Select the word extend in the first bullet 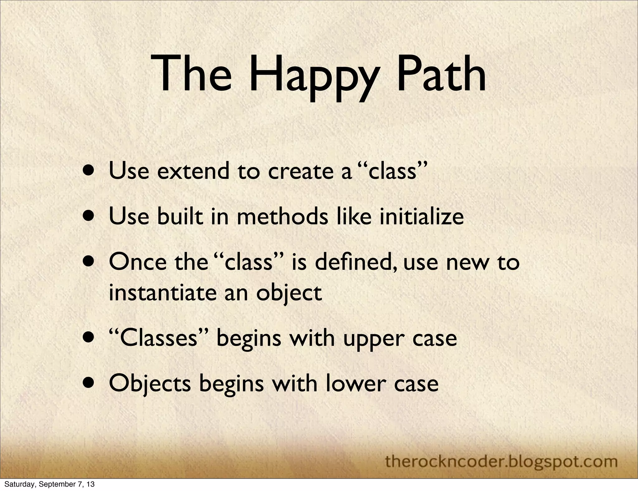point(193,171)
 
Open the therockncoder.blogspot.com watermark point(501,461)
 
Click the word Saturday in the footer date point(15,484)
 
